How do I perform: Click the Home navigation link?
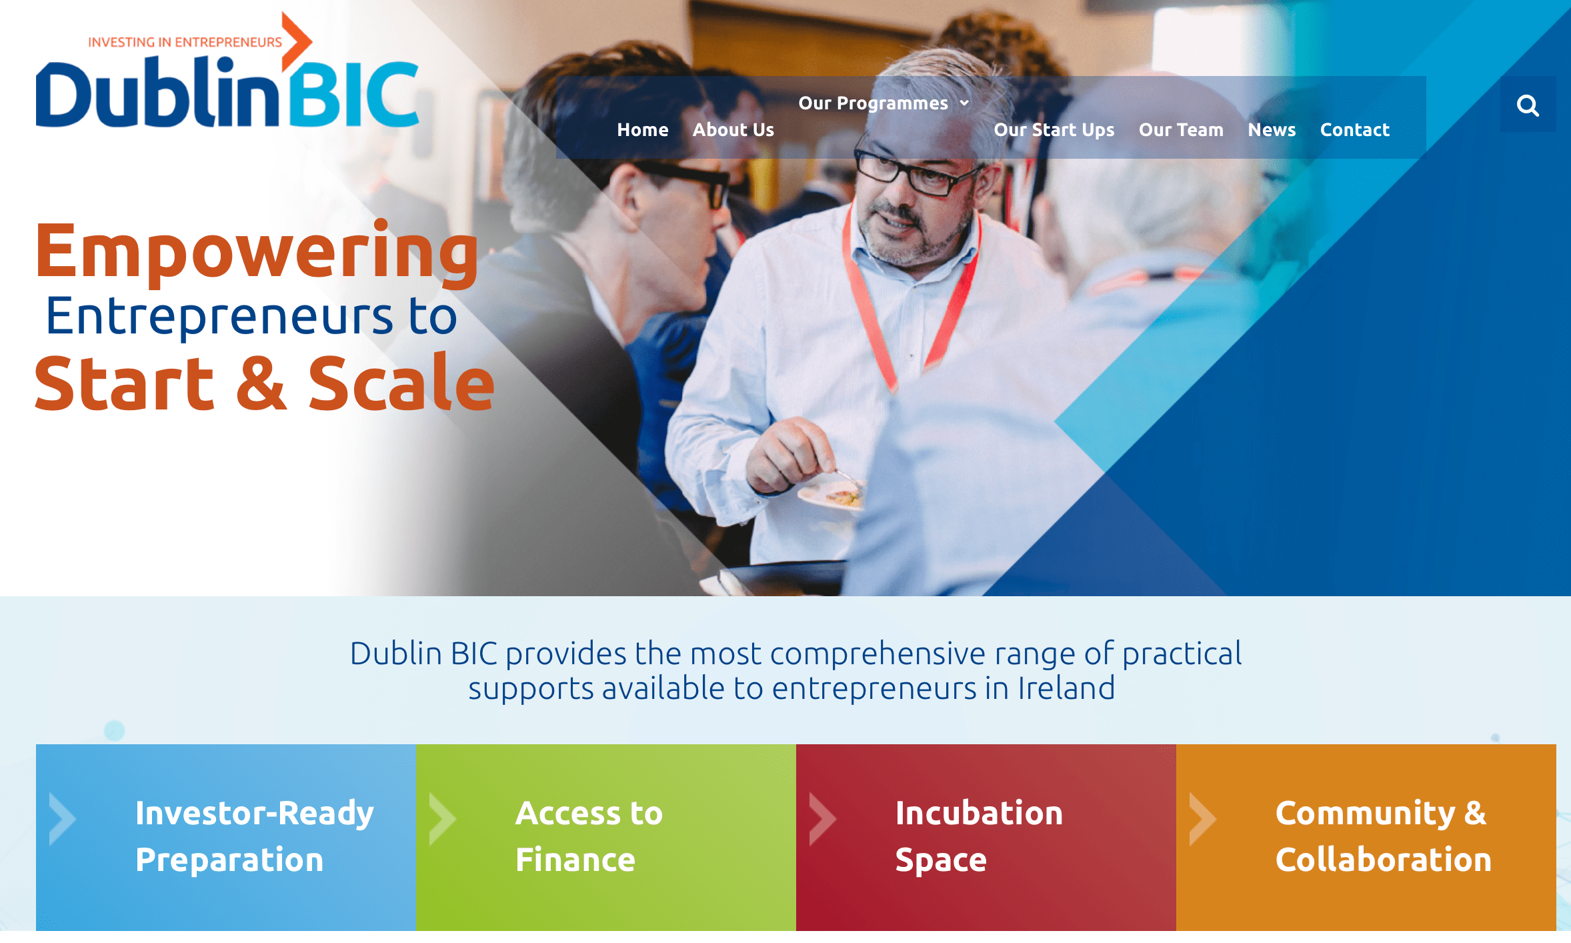(643, 129)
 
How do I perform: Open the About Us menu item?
(733, 129)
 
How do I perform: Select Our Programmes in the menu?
(874, 103)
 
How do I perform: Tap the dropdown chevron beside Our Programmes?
(964, 103)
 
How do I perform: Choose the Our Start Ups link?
(1054, 130)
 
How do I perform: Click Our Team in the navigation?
(1181, 129)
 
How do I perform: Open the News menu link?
(1272, 129)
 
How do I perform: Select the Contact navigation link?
(1355, 129)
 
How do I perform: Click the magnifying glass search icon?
(1528, 105)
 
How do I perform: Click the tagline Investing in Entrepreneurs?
(185, 42)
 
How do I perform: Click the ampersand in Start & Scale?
(261, 383)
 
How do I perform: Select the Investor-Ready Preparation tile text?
(254, 836)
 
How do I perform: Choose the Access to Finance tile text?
(589, 836)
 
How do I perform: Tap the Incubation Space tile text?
(979, 836)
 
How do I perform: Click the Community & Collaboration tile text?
(1384, 836)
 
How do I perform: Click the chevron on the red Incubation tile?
(822, 819)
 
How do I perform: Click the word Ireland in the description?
(1066, 688)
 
